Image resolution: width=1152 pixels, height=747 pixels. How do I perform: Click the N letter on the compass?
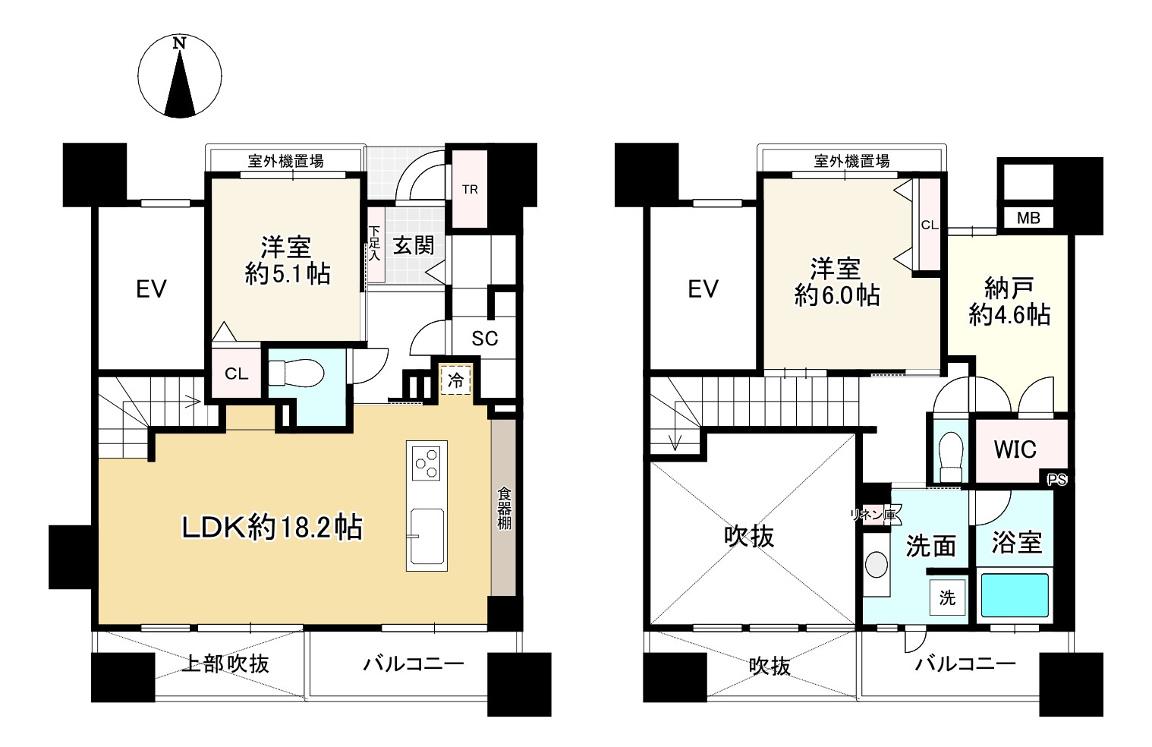click(x=179, y=43)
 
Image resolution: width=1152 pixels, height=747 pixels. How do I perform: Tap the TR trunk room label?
click(x=470, y=190)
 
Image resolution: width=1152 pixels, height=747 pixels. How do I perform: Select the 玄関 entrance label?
click(x=414, y=245)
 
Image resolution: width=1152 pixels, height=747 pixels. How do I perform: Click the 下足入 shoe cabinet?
click(x=376, y=244)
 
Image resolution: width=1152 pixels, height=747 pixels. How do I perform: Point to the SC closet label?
click(x=484, y=338)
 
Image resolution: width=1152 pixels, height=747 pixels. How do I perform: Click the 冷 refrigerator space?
click(x=455, y=380)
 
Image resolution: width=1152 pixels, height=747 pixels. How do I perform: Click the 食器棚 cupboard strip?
click(x=503, y=508)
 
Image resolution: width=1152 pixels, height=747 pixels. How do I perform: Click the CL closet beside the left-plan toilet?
click(x=237, y=373)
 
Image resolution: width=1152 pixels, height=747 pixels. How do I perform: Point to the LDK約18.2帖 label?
click(x=272, y=528)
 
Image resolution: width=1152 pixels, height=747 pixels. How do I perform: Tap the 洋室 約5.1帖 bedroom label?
click(x=286, y=260)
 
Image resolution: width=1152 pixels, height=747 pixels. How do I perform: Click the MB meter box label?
click(x=1028, y=218)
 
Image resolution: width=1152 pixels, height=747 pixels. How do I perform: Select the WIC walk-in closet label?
click(x=1015, y=449)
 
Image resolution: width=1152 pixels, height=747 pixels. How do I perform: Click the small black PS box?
click(x=1057, y=480)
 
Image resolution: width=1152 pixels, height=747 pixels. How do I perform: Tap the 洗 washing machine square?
click(x=947, y=597)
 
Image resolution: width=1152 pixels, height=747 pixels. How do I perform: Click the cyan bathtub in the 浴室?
click(x=1015, y=595)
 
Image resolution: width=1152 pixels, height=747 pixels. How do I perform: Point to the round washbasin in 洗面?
click(x=877, y=565)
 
